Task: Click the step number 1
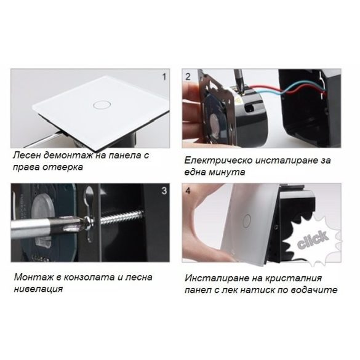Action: [x=164, y=78]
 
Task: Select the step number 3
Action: [x=164, y=191]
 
